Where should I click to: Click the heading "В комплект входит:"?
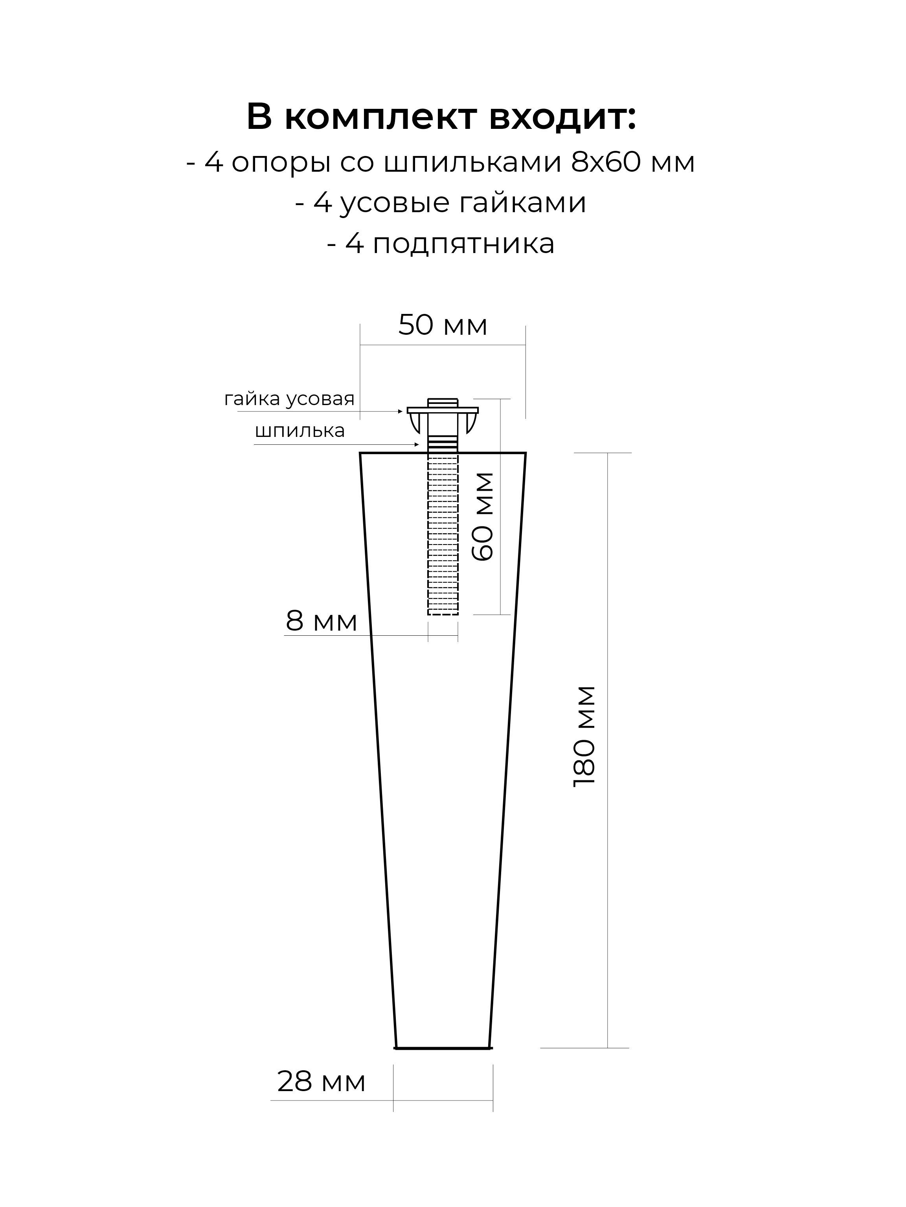[441, 118]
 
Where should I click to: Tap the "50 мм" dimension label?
[443, 325]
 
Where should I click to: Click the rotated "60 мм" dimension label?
[483, 516]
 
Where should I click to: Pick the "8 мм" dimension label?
[321, 620]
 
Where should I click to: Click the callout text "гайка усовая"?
[289, 400]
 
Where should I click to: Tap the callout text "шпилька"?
[300, 431]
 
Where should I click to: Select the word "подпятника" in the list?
[463, 244]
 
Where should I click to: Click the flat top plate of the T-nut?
[443, 410]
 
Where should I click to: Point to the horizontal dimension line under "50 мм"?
[443, 345]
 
